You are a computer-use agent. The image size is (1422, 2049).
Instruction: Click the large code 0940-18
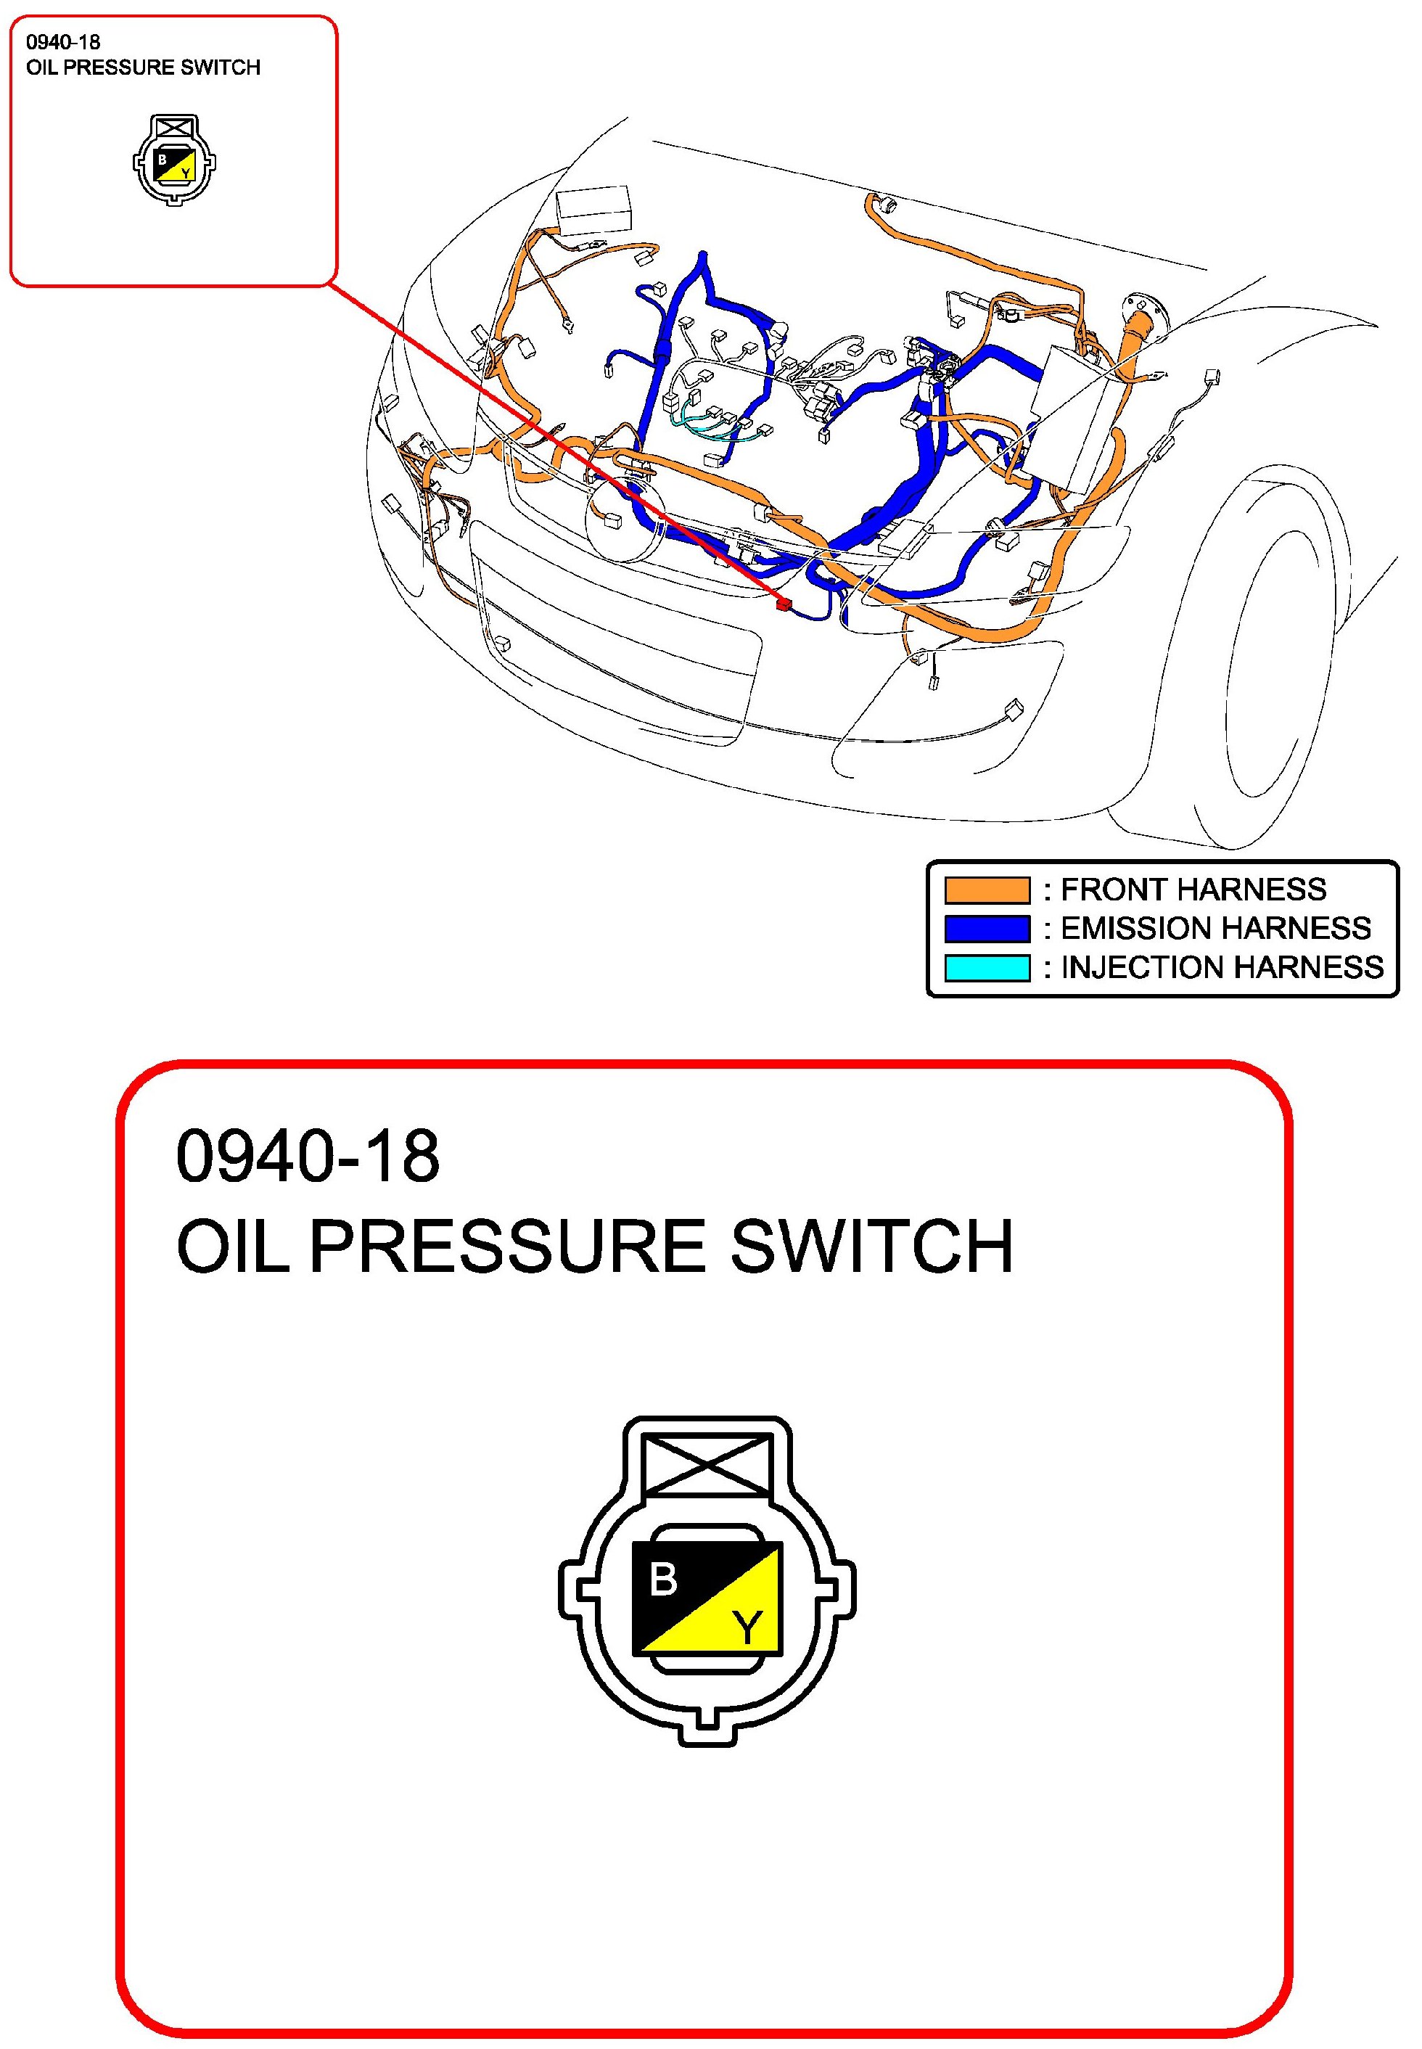coord(308,1157)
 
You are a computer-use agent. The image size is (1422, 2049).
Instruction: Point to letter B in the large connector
coord(663,1580)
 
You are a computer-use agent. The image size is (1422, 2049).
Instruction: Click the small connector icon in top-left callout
coord(175,160)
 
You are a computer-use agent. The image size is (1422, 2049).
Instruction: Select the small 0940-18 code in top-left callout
coord(62,42)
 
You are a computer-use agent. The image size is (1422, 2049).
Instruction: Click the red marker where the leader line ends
coord(783,604)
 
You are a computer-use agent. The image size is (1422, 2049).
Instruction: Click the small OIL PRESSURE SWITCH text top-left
coord(142,67)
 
